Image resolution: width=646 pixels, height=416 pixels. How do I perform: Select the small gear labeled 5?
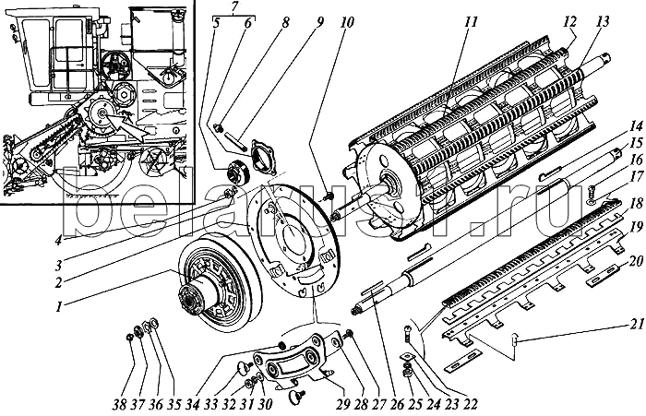click(x=221, y=171)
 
